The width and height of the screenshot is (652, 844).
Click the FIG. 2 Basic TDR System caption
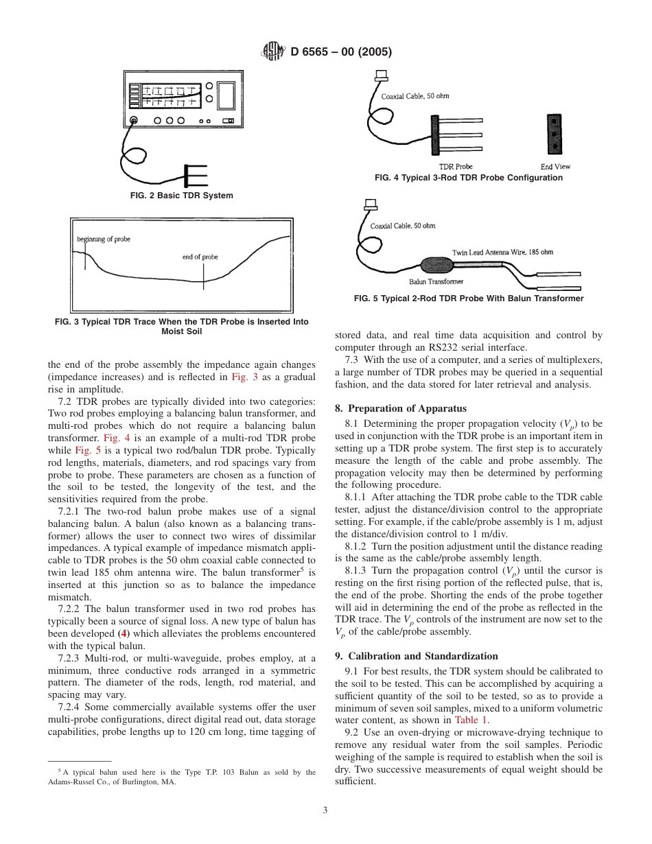click(x=181, y=196)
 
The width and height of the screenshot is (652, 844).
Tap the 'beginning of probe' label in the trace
click(x=104, y=239)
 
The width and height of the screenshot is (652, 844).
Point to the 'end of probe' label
click(x=200, y=257)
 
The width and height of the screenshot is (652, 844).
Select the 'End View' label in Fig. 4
click(x=555, y=167)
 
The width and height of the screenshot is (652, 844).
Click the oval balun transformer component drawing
click(x=433, y=266)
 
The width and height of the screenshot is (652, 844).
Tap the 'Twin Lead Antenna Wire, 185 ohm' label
click(x=502, y=253)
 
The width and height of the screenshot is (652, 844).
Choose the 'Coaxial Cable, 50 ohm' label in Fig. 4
click(x=415, y=96)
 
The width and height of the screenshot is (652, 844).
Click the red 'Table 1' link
click(x=471, y=720)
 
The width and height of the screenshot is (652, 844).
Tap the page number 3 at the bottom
click(x=325, y=810)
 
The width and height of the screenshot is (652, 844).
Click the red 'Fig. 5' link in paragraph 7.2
click(x=85, y=450)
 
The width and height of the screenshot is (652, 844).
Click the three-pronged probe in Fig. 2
click(x=196, y=176)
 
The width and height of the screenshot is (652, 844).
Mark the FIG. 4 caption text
click(x=468, y=178)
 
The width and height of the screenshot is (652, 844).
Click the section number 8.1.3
click(x=356, y=570)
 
